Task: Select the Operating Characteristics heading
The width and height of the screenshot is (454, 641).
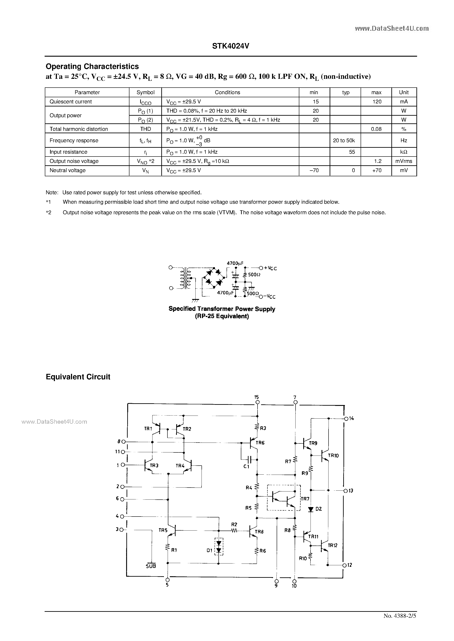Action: (92, 67)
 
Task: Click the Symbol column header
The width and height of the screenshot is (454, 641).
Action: (145, 92)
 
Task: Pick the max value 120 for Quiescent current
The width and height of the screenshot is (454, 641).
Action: (377, 102)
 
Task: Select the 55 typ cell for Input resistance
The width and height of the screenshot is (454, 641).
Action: (352, 152)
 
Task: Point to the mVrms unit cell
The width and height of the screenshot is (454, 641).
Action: (403, 161)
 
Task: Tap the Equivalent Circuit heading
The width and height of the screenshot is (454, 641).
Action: (78, 377)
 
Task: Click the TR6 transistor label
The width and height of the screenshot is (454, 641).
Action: (260, 443)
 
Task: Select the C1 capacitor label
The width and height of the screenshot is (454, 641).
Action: (246, 466)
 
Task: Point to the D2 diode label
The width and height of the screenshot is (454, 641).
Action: (318, 509)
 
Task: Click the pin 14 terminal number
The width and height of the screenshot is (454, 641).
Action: (351, 418)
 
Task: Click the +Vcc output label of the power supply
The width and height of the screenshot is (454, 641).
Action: (270, 268)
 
